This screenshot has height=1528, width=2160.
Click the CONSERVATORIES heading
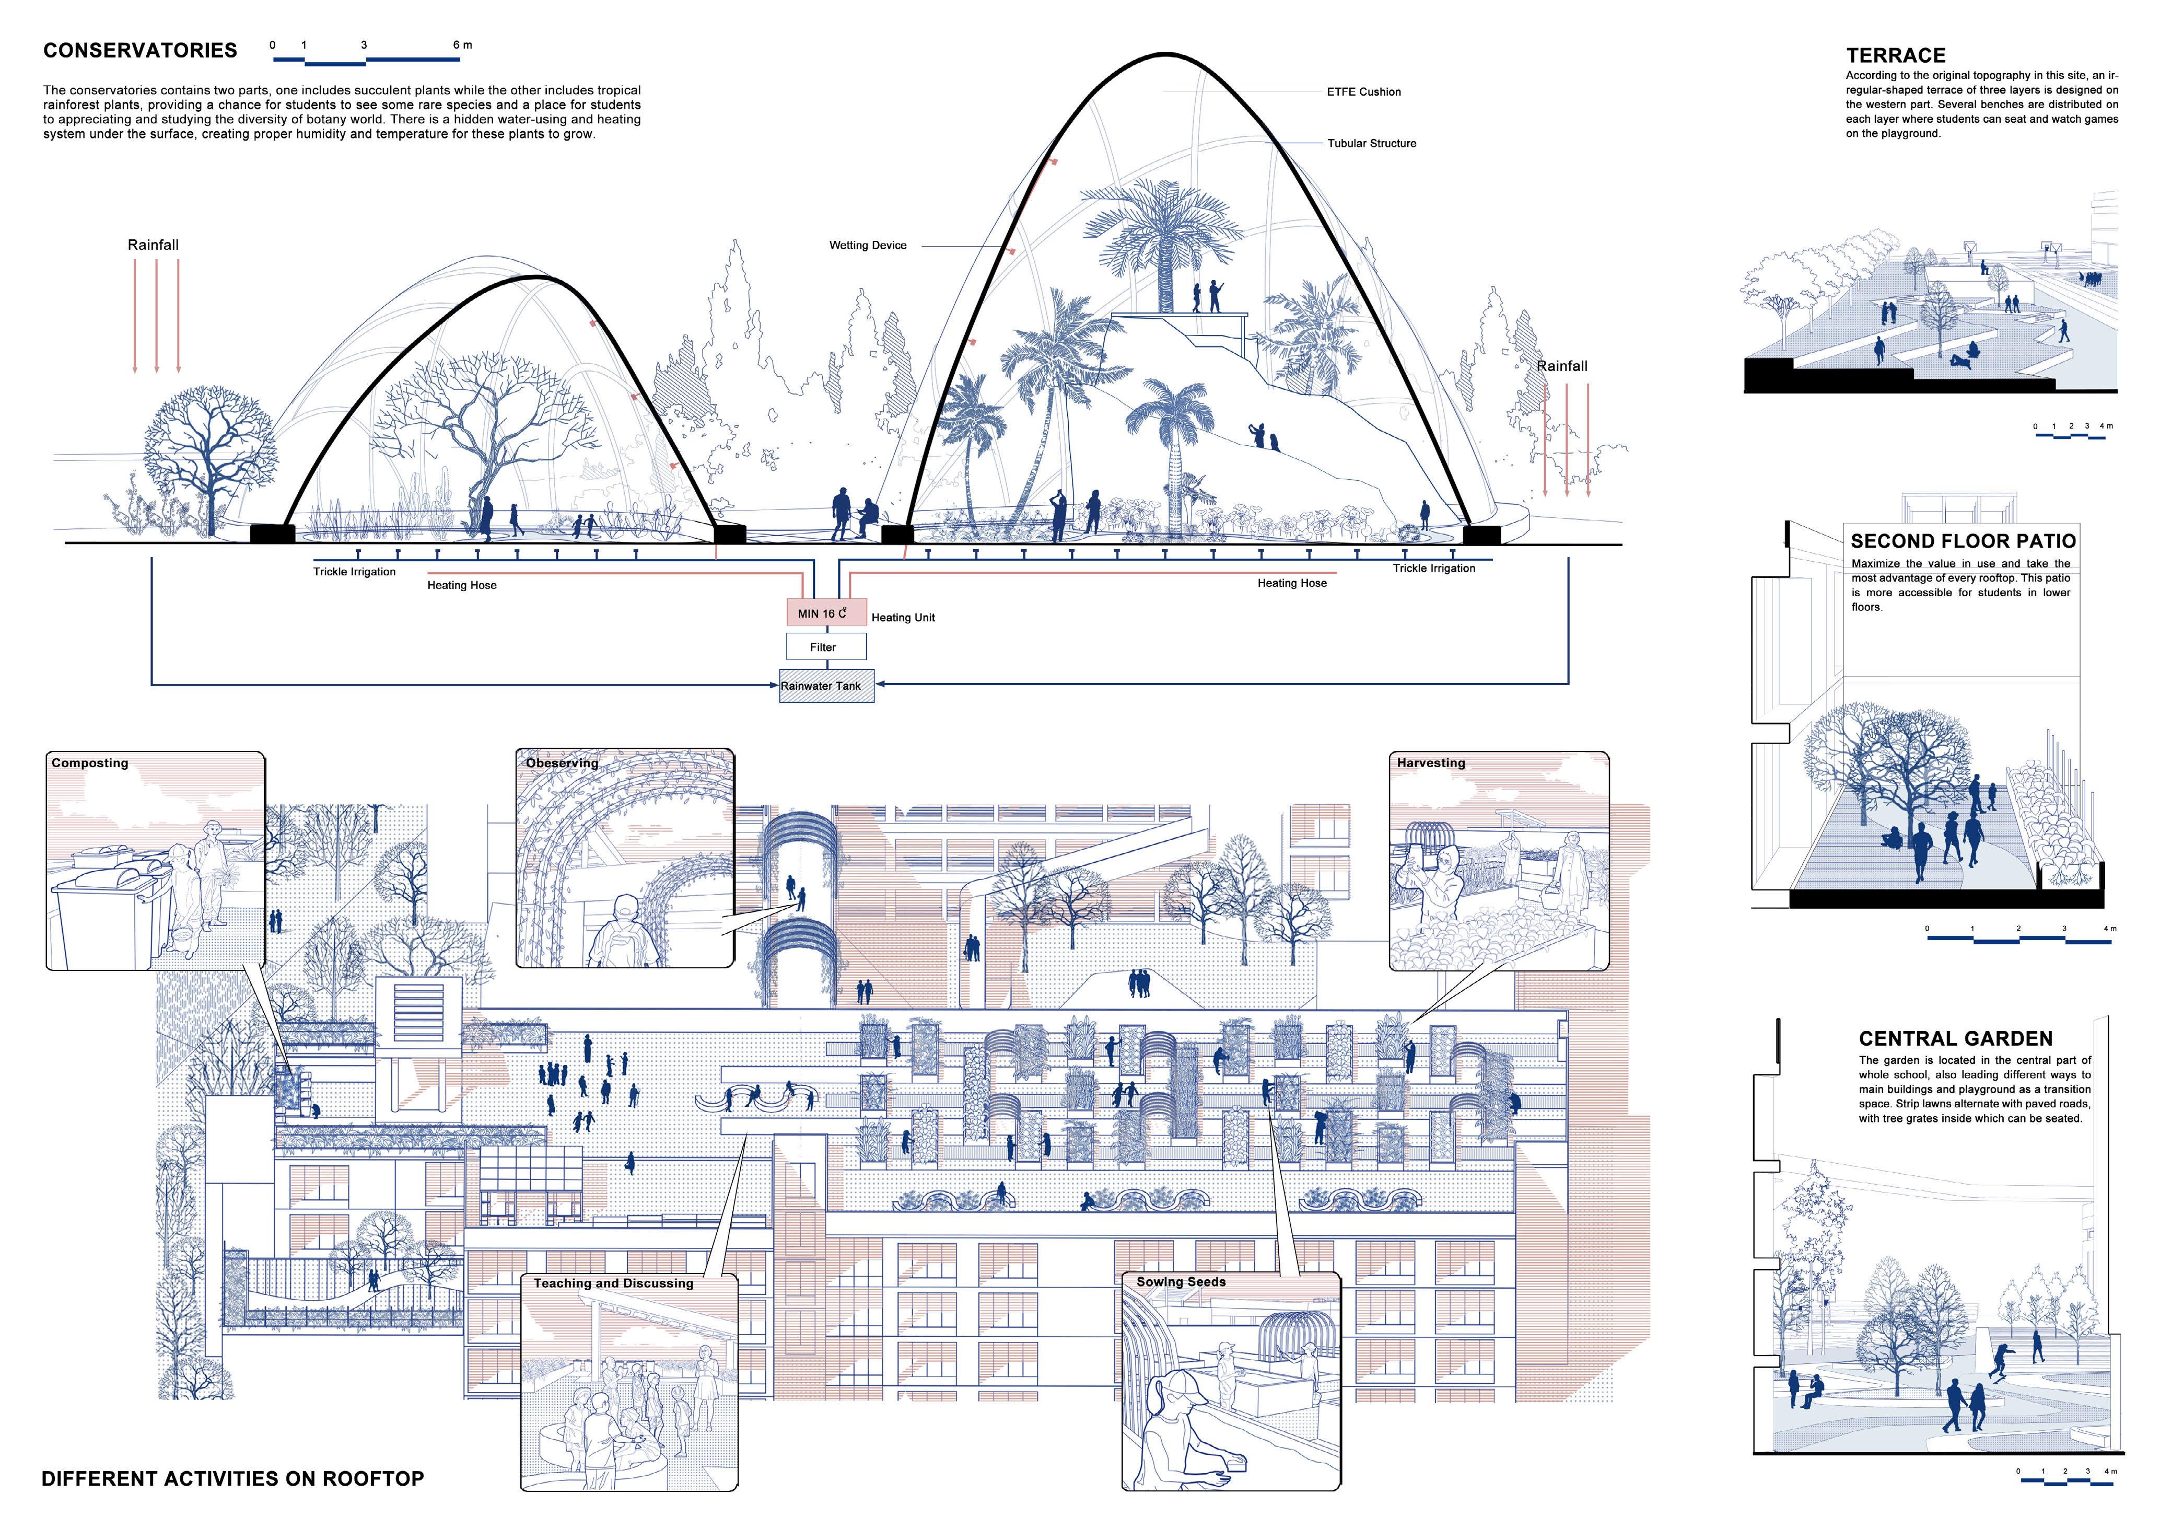140,51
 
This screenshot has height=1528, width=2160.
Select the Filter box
826,647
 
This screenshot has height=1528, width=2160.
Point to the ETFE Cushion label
1363,92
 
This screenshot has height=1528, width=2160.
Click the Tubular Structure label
1372,144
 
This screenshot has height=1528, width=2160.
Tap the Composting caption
90,763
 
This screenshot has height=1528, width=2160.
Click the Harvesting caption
1431,763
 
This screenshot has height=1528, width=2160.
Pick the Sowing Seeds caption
1181,1281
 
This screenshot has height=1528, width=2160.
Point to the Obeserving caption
562,763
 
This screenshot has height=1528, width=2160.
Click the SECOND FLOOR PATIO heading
1964,541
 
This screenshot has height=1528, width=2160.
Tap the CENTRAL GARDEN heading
1956,1039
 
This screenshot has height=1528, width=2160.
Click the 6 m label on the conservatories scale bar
463,45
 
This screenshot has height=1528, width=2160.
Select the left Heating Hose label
462,585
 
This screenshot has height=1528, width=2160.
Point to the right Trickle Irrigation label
1434,568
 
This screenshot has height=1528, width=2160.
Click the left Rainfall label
154,245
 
